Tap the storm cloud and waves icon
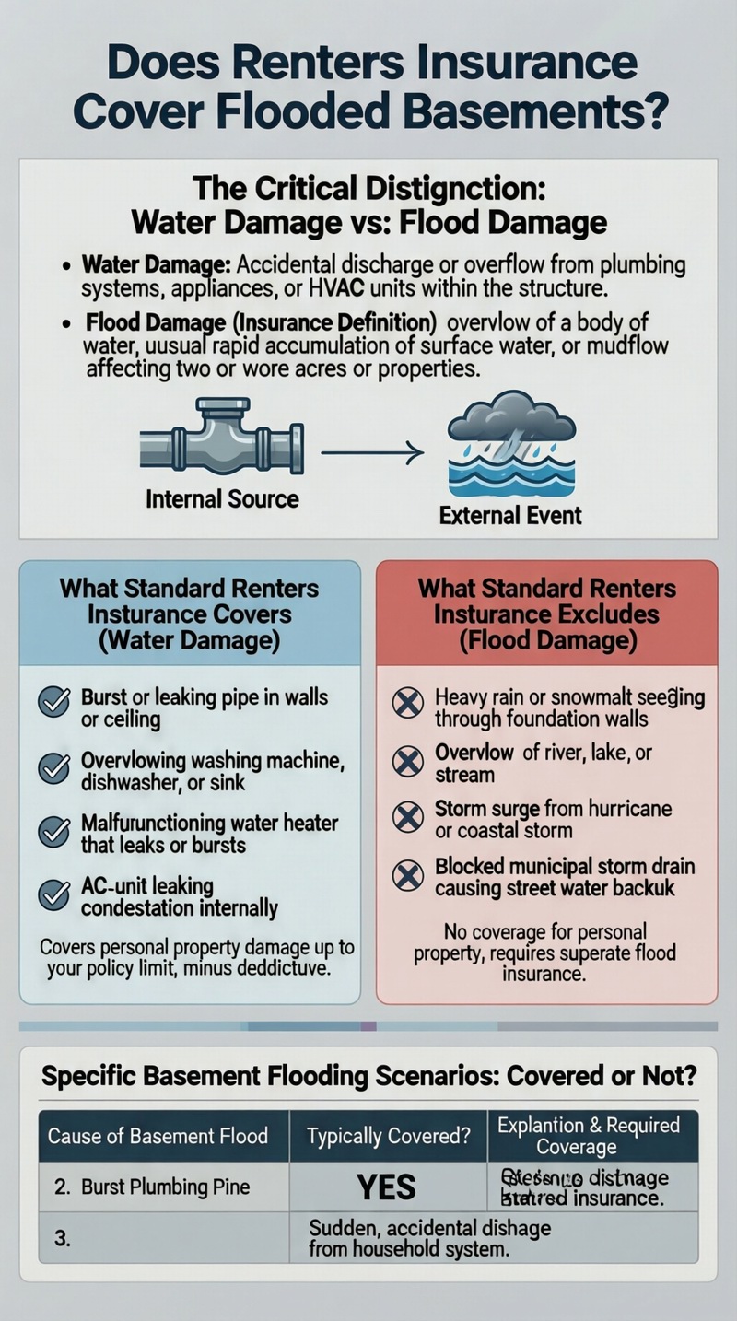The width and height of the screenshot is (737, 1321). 510,445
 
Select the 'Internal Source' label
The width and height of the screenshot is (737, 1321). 222,499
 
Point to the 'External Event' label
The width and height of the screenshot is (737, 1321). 510,514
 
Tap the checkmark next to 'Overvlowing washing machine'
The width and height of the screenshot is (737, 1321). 53,768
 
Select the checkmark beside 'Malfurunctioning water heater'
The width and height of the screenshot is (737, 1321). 53,832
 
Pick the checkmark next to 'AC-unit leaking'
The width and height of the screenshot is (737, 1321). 53,895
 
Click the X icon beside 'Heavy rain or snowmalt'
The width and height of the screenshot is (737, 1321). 407,703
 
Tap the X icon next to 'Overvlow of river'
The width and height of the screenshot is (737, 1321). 407,762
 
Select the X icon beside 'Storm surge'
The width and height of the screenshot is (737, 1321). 407,818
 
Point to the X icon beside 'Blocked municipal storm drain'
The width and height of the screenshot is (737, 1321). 407,875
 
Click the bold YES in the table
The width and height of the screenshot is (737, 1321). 387,1187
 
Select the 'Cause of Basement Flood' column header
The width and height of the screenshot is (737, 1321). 158,1135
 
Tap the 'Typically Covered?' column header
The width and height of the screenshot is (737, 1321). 388,1135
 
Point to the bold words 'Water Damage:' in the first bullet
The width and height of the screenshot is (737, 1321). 156,265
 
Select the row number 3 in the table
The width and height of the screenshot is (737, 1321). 63,1238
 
